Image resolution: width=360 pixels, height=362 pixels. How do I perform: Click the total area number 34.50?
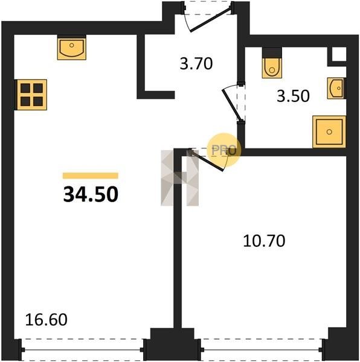(91, 194)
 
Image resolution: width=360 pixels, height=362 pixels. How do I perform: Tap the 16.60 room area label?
(47, 320)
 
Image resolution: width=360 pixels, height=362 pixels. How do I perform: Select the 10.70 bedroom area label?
(264, 241)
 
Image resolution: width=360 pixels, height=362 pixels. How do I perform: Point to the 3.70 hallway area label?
(196, 64)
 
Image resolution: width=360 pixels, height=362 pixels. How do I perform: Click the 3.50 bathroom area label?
(293, 96)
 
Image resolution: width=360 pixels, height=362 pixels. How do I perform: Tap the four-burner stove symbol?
(31, 95)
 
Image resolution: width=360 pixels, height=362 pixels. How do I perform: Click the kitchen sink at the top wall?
(72, 47)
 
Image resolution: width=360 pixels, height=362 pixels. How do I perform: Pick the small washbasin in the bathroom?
(336, 88)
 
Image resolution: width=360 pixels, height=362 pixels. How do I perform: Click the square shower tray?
(329, 132)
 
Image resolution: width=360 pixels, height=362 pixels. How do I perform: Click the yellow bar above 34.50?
(91, 176)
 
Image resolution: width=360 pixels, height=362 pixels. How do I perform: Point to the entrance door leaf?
(210, 20)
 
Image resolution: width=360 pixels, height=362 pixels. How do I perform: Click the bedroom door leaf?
(207, 160)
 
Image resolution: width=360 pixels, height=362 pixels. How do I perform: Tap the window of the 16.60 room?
(83, 350)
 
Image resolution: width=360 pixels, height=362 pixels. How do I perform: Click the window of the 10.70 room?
(262, 350)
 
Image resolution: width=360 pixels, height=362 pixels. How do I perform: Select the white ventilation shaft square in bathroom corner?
(339, 54)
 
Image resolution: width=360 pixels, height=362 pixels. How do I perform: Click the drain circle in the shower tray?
(329, 132)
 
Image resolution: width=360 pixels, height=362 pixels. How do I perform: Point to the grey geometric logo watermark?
(180, 178)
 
